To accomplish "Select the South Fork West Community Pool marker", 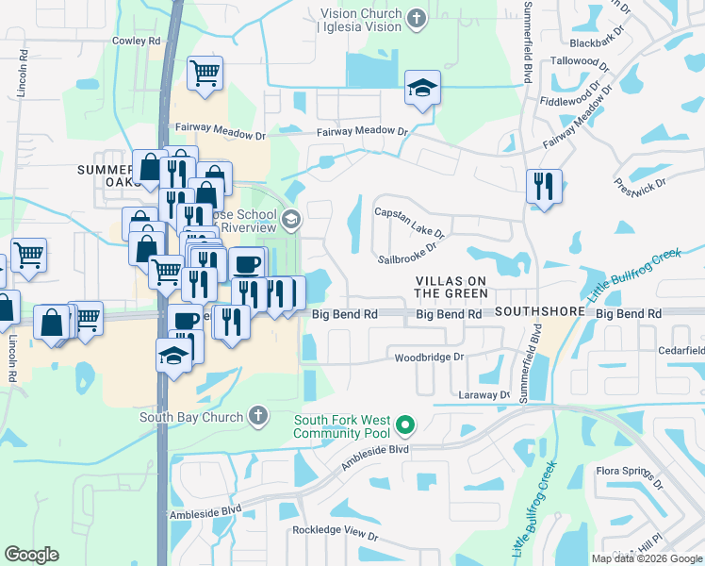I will (405, 425).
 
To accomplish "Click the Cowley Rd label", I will (137, 41).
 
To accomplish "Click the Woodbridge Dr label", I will (430, 358).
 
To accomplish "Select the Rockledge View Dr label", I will (335, 535).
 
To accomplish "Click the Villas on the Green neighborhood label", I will (451, 288).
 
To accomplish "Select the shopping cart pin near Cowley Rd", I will (205, 74).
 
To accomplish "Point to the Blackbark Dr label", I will (598, 42).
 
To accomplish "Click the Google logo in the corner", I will (31, 555).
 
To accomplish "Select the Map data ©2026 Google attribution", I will (647, 558).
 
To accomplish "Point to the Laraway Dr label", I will (484, 394).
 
